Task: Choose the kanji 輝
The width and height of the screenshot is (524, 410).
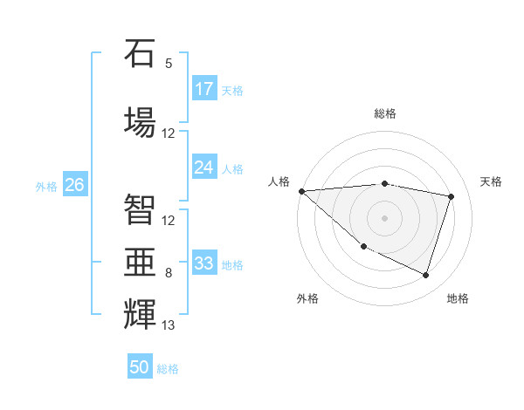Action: (x=140, y=313)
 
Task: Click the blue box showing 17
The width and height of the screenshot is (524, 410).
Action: (x=204, y=89)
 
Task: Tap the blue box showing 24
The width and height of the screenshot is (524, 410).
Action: (x=204, y=167)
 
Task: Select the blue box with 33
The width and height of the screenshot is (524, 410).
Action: (x=204, y=263)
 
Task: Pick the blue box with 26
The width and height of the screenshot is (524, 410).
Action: (x=75, y=185)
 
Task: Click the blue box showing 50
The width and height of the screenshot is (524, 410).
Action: (x=140, y=367)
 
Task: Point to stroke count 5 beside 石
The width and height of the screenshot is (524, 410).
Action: (x=169, y=64)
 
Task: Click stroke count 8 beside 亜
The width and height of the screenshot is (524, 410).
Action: (x=169, y=273)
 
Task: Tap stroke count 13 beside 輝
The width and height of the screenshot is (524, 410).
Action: (x=169, y=326)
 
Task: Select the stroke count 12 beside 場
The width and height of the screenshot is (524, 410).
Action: (x=169, y=133)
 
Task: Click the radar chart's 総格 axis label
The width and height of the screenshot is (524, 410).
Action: (x=384, y=113)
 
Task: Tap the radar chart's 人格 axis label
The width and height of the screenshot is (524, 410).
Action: (x=279, y=181)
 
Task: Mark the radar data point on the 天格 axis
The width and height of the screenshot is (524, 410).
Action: (x=452, y=196)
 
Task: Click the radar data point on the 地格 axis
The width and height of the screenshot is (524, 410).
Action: (x=425, y=276)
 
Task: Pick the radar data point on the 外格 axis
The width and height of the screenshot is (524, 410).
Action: (x=363, y=246)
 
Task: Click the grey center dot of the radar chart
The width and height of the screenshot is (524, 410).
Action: (x=384, y=217)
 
